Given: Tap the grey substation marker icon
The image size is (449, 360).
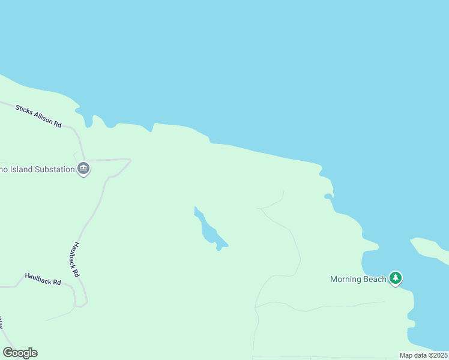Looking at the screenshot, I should pyautogui.click(x=83, y=169).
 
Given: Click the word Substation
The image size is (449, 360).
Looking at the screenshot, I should pyautogui.click(x=52, y=169).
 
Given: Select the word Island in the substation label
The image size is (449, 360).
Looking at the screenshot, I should pyautogui.click(x=18, y=169).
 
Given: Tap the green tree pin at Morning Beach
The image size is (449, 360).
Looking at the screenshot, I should pyautogui.click(x=395, y=278).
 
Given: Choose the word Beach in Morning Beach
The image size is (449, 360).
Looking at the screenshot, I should pyautogui.click(x=375, y=279).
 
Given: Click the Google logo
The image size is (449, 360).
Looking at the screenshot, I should pyautogui.click(x=20, y=353).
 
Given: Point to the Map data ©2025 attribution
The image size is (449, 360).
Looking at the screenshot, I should pyautogui.click(x=423, y=355).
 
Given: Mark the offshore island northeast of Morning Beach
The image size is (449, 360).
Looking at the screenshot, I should pyautogui.click(x=430, y=250).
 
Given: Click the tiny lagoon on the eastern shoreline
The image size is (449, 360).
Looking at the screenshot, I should pyautogui.click(x=328, y=196).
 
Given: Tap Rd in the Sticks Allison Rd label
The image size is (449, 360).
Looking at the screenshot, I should pyautogui.click(x=58, y=124).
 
